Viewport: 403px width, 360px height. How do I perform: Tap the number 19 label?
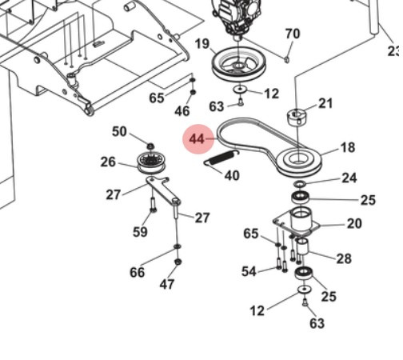click(201, 43)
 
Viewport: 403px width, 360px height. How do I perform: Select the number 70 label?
click(293, 34)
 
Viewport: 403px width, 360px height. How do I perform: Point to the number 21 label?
click(325, 103)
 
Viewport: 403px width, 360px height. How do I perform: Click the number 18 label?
click(348, 148)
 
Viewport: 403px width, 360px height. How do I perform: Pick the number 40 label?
click(231, 175)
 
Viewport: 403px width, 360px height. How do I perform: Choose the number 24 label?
click(349, 178)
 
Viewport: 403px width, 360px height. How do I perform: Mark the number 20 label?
click(354, 224)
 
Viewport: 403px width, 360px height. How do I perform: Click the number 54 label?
click(249, 272)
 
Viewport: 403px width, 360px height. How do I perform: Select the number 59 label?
click(141, 233)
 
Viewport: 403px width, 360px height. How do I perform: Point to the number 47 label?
click(166, 284)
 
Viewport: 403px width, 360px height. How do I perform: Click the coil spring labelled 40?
click(220, 158)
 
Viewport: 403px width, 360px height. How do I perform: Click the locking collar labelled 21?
click(299, 117)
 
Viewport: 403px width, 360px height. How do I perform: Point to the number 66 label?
click(138, 272)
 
